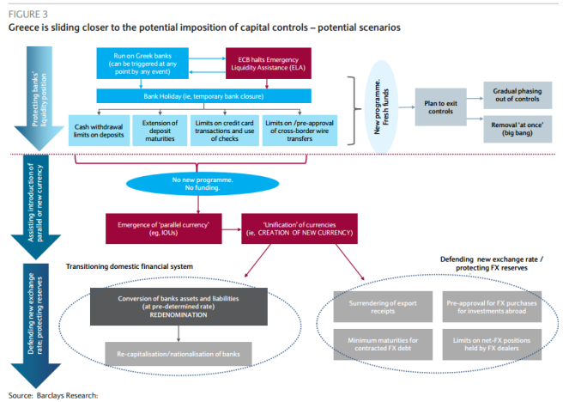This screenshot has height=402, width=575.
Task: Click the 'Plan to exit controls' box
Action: tap(441, 106)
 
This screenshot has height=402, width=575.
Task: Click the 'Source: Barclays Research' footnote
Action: tap(53, 394)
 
